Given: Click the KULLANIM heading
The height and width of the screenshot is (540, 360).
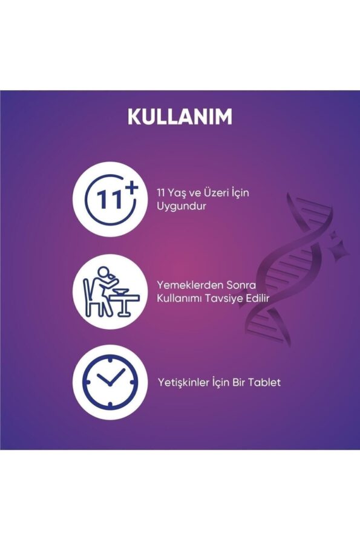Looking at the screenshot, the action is pos(180,117).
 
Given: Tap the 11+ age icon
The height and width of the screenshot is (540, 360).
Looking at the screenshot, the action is pos(110,200).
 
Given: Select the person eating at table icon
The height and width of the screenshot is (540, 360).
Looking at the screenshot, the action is pos(110,291).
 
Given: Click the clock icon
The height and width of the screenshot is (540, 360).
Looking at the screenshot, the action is pos(110,383).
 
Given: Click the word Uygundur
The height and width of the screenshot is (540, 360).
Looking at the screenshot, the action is pos(182,207).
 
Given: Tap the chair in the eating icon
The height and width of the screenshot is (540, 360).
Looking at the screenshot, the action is pos(91,298).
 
